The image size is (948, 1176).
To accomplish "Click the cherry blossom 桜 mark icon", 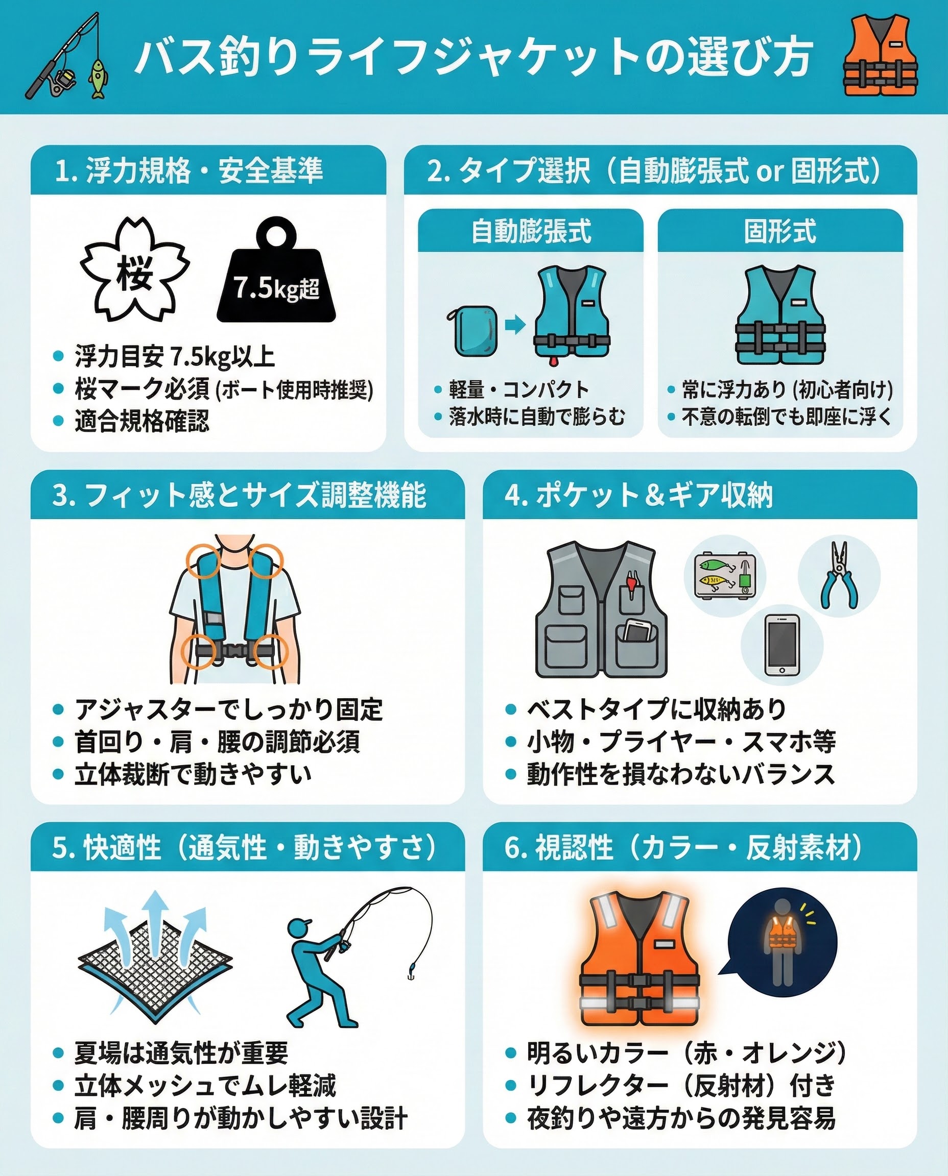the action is click(135, 269).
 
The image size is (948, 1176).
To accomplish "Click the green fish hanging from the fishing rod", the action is click(98, 79).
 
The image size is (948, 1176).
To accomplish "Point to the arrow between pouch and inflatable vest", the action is click(515, 325).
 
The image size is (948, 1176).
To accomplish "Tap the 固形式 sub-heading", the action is click(780, 231).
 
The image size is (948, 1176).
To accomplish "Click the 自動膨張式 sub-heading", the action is click(531, 231).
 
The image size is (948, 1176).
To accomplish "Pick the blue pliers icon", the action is click(839, 575).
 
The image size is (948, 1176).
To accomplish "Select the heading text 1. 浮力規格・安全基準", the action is click(189, 170).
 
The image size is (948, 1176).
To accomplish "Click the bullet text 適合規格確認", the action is click(142, 421).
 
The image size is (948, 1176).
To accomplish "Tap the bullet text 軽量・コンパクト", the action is click(519, 389).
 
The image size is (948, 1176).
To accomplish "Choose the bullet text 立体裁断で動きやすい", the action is click(193, 774).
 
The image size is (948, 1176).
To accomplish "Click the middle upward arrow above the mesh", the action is click(156, 922).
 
